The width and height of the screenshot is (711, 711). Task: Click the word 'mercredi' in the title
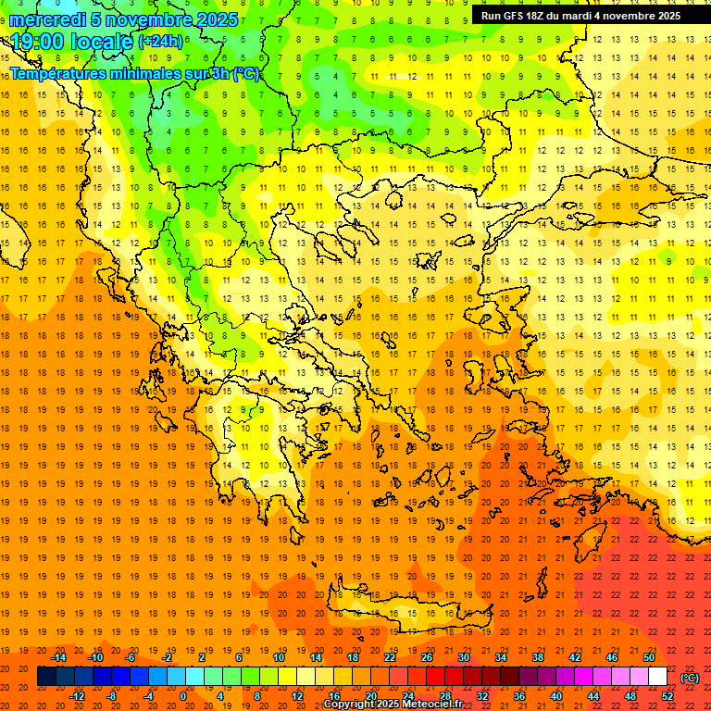click(49, 19)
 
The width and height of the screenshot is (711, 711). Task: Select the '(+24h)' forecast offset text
click(160, 42)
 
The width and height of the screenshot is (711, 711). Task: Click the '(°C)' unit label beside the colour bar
click(690, 678)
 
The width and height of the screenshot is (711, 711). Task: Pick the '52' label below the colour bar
click(667, 696)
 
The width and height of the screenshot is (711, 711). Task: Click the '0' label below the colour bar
click(182, 696)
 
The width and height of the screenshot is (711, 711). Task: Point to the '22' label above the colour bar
click(390, 657)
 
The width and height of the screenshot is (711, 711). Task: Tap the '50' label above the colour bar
click(649, 657)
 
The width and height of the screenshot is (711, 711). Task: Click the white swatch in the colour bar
click(657, 677)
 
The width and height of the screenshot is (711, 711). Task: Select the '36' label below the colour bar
click(519, 696)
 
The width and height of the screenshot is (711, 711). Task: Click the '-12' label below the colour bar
click(77, 696)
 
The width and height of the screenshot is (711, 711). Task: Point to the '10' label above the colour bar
click(279, 657)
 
